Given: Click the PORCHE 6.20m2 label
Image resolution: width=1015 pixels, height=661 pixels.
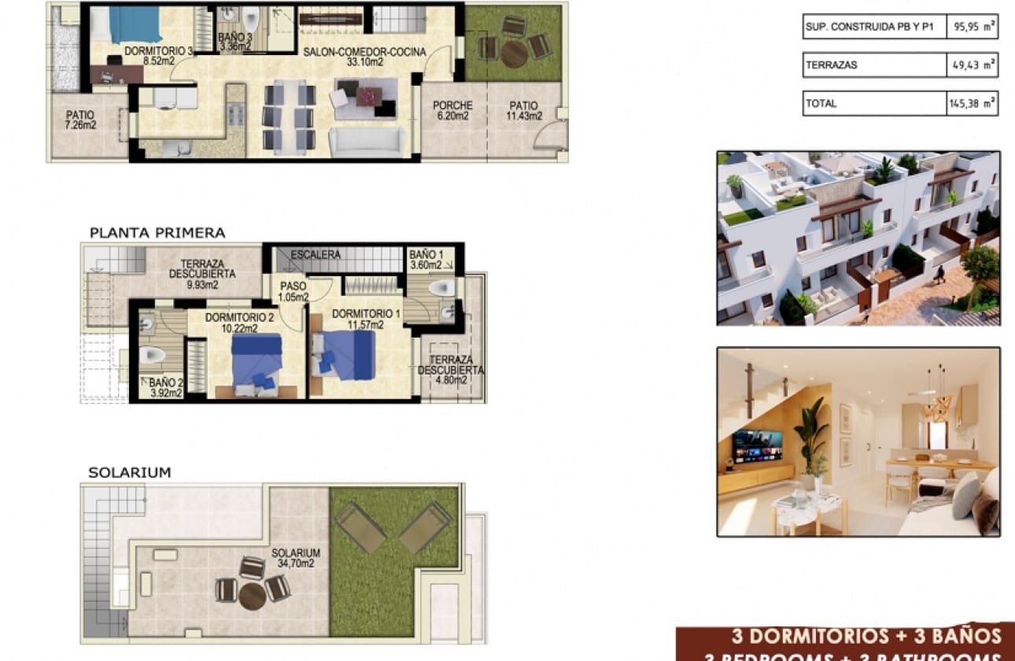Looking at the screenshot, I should click(452, 111).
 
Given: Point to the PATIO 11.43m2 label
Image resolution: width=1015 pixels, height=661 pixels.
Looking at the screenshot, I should click(523, 111).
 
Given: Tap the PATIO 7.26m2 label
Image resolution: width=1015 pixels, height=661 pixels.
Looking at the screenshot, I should click(80, 120).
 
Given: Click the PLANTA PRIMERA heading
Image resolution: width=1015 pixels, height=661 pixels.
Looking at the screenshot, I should click(157, 233).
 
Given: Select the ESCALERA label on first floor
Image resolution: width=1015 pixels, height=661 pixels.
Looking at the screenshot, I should click(315, 255).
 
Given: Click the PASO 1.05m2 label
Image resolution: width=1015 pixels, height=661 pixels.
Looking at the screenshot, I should click(293, 292).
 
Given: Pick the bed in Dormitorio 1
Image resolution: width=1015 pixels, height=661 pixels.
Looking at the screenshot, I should click(344, 355).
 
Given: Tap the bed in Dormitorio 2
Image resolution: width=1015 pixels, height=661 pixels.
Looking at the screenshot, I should click(257, 360).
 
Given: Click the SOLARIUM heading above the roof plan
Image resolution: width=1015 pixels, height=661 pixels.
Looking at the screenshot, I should click(129, 473).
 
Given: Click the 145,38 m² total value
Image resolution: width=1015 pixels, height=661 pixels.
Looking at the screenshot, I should click(972, 103).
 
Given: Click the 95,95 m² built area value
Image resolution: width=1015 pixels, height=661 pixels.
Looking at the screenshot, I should click(972, 27).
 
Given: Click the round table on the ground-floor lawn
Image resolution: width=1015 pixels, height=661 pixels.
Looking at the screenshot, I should click(515, 54).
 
